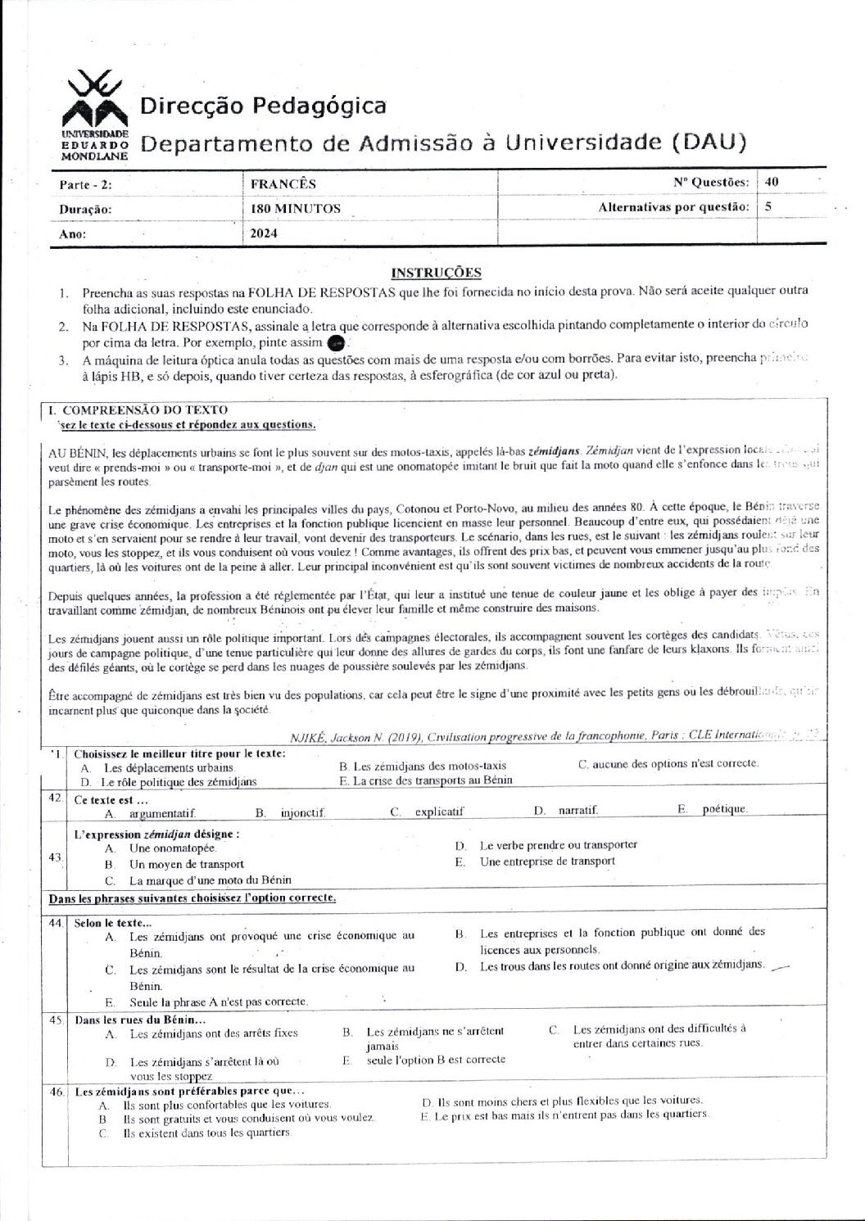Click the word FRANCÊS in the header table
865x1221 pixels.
coord(283,184)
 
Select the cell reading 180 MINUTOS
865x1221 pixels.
coord(296,209)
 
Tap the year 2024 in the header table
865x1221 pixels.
coord(265,233)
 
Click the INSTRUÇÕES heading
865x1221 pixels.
coord(436,273)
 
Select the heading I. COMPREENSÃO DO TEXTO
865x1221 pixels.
coord(139,409)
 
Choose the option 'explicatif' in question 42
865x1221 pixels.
coord(439,812)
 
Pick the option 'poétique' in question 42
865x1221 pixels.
coord(724,809)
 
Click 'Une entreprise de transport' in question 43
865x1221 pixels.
coord(547,861)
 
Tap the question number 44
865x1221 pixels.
coord(56,922)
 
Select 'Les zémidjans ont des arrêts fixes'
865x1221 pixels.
coord(214,1033)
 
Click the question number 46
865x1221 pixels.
coord(56,1092)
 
